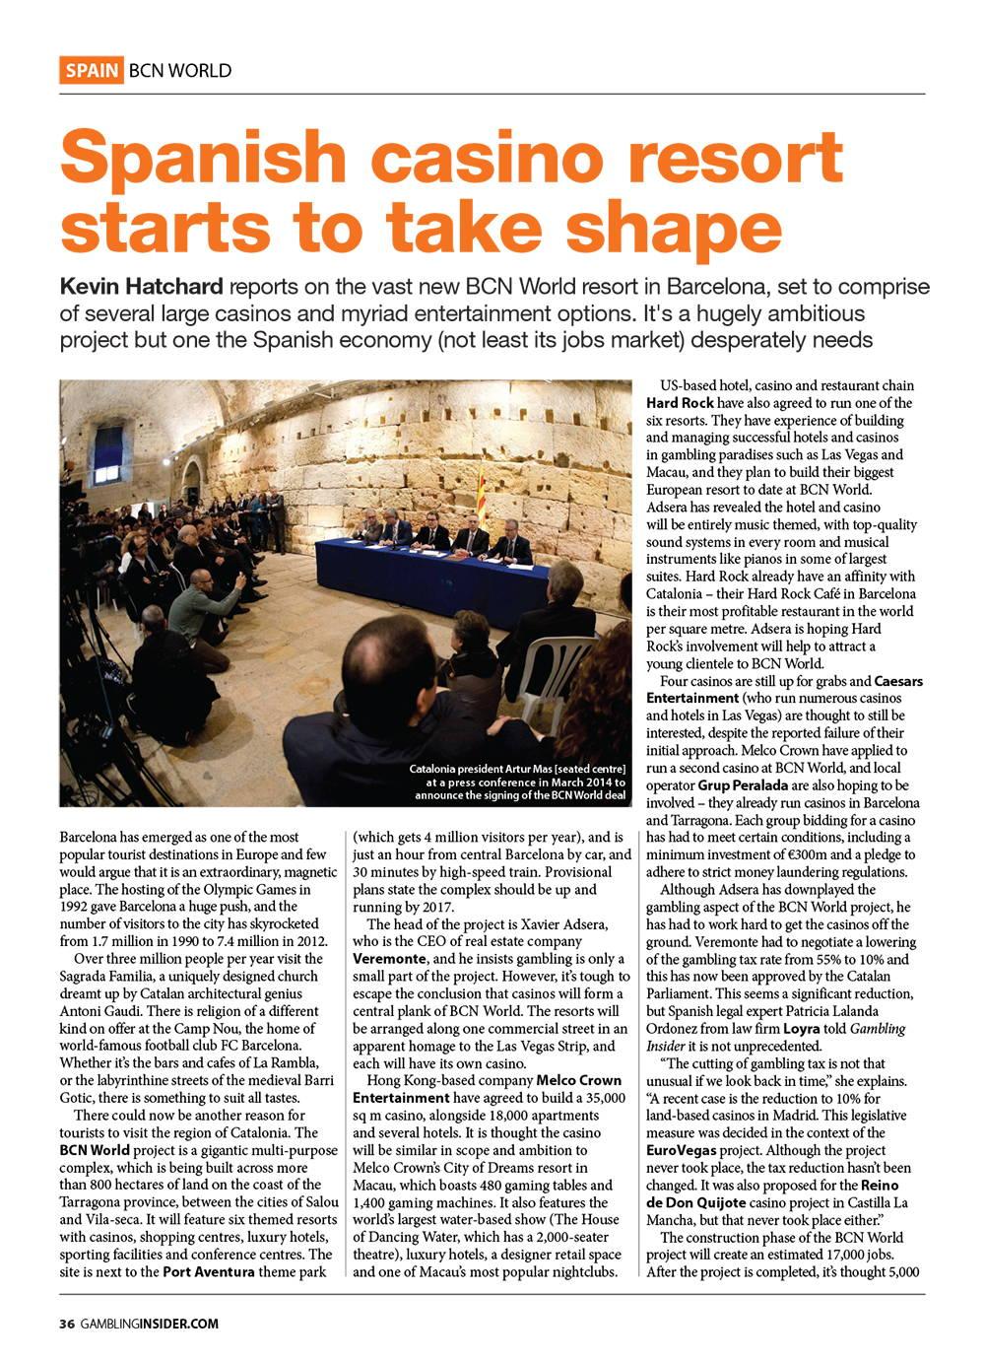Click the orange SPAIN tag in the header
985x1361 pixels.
(x=92, y=71)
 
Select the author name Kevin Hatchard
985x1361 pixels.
(x=142, y=287)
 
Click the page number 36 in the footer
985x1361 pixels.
(x=66, y=1324)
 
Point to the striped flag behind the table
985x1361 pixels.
(x=482, y=494)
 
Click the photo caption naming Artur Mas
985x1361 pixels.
(x=517, y=781)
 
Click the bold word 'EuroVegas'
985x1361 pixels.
(x=681, y=1149)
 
